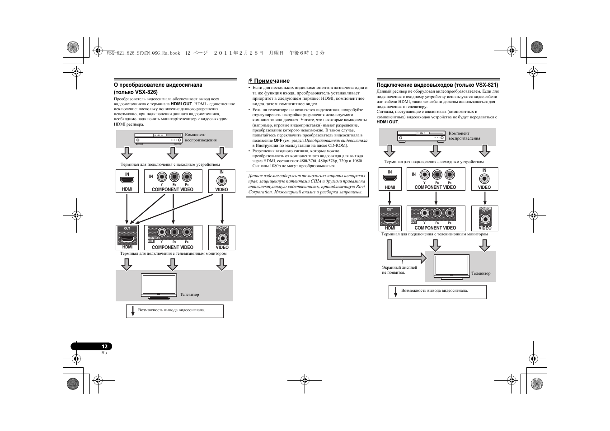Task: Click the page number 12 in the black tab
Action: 104,346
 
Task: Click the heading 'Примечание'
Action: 272,81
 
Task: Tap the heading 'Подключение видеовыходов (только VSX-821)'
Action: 437,84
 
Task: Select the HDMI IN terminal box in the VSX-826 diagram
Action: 127,181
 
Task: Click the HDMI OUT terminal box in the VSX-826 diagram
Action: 127,238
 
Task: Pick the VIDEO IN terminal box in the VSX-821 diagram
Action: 484,179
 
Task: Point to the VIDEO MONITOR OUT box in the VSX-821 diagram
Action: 485,218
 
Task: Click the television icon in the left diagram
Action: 159,286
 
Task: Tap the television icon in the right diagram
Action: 450,267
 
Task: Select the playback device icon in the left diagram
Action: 159,138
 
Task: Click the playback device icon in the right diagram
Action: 422,136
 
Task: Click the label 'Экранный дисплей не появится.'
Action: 399,270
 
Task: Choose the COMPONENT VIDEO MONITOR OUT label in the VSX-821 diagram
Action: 435,228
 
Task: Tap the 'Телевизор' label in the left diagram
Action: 189,295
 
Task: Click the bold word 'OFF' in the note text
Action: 278,140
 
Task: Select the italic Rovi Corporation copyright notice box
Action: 307,184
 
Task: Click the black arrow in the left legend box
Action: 132,311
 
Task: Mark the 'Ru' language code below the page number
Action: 104,352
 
